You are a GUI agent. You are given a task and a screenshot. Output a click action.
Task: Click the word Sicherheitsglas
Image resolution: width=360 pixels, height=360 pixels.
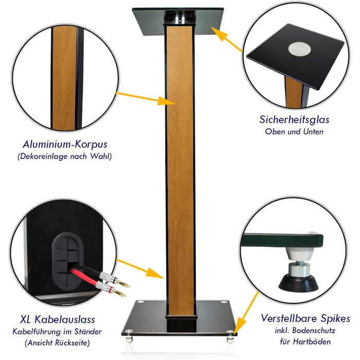coord(294,120)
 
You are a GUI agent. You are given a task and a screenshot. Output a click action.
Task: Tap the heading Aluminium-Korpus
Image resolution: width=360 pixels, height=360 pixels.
coord(65,145)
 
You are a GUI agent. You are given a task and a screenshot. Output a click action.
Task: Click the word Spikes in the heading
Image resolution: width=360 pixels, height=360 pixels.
coord(335,319)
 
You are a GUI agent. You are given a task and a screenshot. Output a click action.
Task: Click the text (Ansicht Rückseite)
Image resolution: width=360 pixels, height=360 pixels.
coord(57,343)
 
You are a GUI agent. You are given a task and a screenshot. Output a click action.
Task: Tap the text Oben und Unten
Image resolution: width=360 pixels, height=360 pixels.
coord(294,132)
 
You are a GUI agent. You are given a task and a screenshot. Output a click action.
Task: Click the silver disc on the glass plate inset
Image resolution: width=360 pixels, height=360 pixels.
coord(300,49)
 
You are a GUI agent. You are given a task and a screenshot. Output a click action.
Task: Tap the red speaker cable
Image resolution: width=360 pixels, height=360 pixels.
coord(83,277)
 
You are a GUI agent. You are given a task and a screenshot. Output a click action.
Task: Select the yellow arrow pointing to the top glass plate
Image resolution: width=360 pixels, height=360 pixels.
coord(226,39)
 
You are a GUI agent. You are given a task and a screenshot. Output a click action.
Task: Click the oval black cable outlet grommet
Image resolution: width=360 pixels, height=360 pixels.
coord(67,259)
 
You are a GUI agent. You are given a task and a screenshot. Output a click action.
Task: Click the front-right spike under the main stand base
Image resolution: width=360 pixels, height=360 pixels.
coord(230,339)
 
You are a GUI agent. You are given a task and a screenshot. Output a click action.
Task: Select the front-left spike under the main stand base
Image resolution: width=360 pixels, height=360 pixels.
coord(129,339)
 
